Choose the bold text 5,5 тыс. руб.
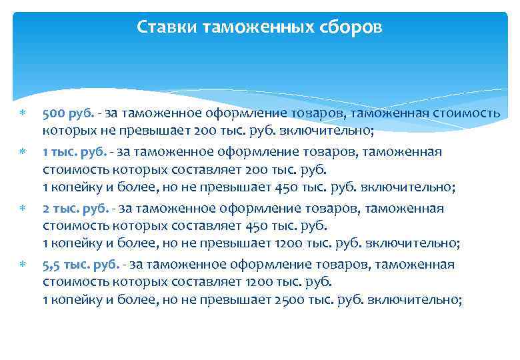[81, 265]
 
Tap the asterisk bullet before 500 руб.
[22, 114]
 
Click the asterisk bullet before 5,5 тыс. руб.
[22, 265]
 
